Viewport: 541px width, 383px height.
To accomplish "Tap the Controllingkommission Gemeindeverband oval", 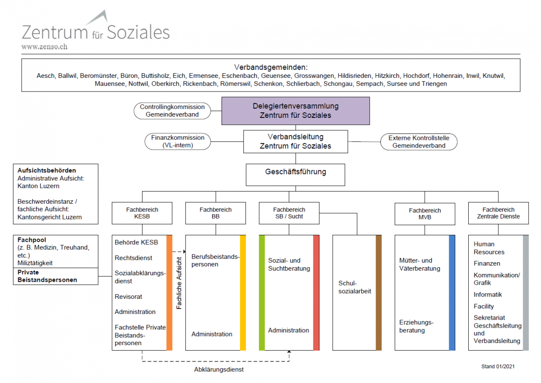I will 172,111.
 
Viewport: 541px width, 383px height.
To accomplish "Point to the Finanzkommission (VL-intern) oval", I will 178,142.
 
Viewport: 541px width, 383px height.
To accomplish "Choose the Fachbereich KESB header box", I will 142,213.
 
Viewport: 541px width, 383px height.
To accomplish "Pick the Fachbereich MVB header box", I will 424,214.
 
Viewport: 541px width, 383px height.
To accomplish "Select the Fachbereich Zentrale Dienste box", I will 498,213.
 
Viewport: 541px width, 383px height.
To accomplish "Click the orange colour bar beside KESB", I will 169,292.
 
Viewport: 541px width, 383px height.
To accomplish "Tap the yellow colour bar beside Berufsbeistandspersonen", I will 243,292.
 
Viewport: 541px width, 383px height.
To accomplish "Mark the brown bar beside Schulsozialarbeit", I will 379,292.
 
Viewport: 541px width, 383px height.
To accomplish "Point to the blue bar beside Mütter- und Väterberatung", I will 452,292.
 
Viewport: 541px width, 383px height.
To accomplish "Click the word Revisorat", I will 128,297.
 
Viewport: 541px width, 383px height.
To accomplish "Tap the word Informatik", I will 488,294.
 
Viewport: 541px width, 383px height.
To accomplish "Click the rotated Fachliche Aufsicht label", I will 179,283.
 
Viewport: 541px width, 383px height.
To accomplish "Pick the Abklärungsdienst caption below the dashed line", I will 219,370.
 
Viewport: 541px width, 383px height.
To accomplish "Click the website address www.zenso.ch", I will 44,47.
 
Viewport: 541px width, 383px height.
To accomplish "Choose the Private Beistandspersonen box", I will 56,276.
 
